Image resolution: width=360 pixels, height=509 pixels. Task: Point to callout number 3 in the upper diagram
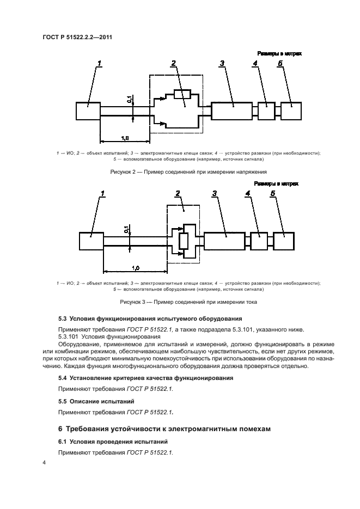tap(222, 64)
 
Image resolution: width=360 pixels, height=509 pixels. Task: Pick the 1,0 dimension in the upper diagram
tap(124, 138)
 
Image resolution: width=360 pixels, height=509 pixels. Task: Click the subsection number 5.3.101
tap(70, 336)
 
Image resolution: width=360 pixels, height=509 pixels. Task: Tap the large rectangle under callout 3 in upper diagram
tap(231, 111)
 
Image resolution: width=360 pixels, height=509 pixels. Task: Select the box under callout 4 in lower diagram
tap(259, 241)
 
